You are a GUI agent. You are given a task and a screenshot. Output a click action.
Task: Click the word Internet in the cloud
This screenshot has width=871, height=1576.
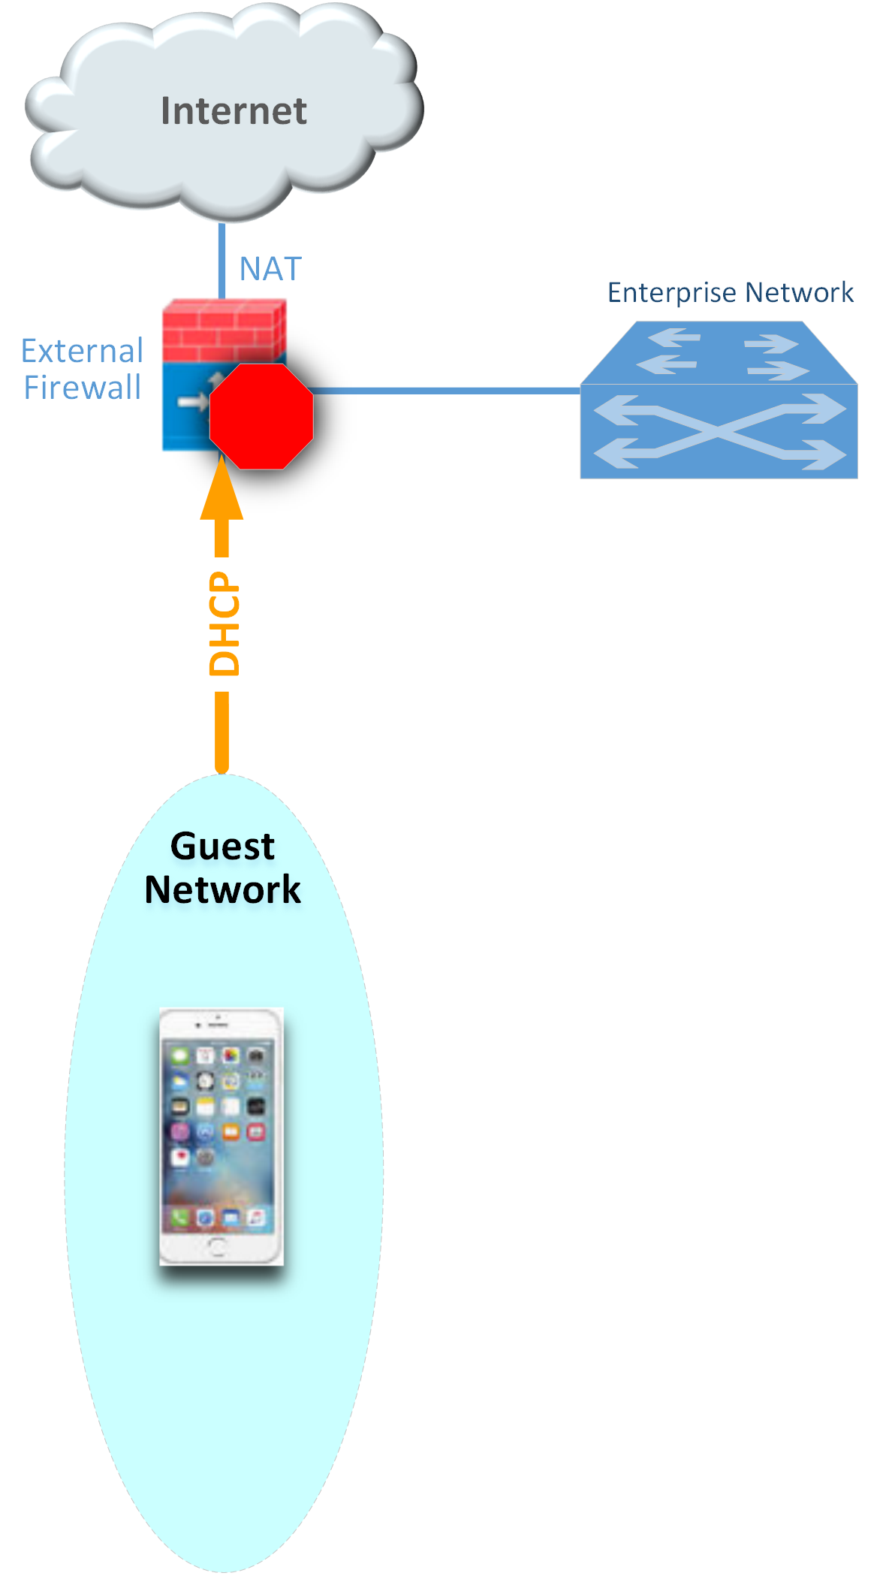pos(234,111)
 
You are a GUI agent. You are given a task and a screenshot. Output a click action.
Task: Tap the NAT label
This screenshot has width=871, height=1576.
pos(270,269)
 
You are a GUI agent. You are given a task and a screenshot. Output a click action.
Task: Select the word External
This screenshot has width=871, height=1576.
pos(82,351)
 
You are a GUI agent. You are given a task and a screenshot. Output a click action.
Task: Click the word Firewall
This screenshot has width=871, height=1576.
pos(82,388)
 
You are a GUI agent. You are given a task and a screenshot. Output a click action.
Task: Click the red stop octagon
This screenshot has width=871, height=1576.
pos(261,416)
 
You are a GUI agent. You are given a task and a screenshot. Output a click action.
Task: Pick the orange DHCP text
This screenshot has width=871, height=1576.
pos(224,623)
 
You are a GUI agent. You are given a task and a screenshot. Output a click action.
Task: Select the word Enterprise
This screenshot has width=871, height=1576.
pos(672,292)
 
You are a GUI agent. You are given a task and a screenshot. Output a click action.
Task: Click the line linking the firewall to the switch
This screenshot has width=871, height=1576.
pos(446,391)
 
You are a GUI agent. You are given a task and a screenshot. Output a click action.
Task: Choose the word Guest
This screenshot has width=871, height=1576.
pos(222,847)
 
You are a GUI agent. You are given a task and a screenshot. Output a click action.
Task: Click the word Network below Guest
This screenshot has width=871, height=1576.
pos(222,889)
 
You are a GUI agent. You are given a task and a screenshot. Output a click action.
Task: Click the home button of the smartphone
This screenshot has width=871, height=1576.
pos(218,1247)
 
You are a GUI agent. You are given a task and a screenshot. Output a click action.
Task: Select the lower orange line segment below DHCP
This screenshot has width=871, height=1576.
pos(222,732)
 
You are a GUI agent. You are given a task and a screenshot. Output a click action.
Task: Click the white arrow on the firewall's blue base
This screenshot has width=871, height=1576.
pos(192,403)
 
